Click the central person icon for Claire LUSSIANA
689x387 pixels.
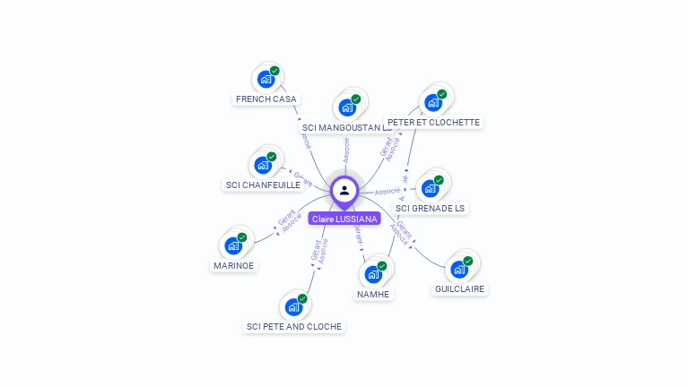point(344,190)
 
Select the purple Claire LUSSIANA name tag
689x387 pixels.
point(344,219)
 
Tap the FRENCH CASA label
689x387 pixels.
point(266,99)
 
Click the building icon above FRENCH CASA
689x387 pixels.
point(266,79)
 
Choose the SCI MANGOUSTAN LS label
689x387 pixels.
point(347,128)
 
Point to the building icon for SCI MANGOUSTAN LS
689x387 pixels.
point(347,107)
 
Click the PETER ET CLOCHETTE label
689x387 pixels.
point(433,122)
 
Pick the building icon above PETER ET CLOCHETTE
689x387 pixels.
point(433,102)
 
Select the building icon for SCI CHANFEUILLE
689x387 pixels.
point(263,165)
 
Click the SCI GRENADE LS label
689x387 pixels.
point(431,208)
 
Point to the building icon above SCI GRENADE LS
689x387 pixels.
point(431,188)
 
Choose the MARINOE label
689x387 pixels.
point(233,265)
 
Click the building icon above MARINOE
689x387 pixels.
point(233,245)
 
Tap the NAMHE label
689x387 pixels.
point(373,294)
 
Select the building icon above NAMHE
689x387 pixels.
point(373,274)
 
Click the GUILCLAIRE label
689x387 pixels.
point(459,288)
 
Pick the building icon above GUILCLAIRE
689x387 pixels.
point(459,269)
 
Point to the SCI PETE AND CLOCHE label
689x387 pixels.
point(294,326)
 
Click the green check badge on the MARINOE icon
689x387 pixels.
point(242,237)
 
